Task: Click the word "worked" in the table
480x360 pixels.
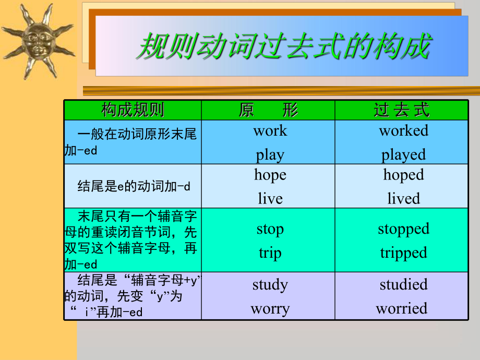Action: (403, 131)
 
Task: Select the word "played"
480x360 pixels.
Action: (403, 155)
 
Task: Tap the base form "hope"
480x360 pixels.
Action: (270, 175)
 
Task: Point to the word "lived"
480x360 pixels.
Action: (403, 198)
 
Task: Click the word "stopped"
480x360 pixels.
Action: (403, 230)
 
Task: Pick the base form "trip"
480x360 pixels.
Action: (270, 254)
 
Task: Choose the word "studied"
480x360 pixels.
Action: (403, 284)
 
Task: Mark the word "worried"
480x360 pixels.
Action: (402, 308)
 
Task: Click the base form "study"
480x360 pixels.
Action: (270, 285)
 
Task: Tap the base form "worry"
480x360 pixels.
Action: (270, 309)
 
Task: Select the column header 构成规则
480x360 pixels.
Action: (133, 110)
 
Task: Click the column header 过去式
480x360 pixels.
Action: (402, 110)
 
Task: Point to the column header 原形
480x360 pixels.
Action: (268, 110)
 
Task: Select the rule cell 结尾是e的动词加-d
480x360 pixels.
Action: (134, 186)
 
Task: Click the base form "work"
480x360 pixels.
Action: (270, 131)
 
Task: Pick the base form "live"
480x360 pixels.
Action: (270, 198)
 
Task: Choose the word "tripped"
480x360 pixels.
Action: (403, 254)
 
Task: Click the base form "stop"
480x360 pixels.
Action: (270, 230)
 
